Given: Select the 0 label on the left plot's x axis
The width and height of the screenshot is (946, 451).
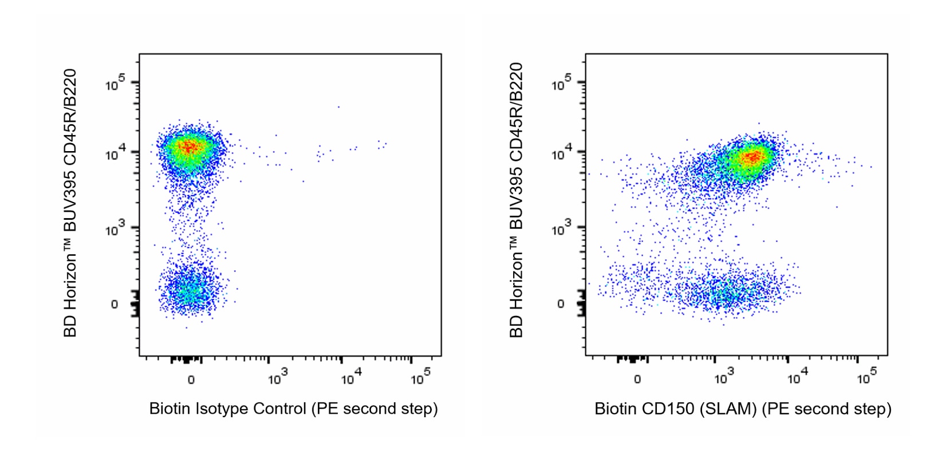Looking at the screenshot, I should (191, 379).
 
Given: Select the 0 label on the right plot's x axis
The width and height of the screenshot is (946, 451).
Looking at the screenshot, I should (637, 379).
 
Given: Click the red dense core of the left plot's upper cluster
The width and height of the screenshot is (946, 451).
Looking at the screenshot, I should (188, 147).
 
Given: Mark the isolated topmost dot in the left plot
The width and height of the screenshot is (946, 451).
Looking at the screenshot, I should (338, 106).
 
